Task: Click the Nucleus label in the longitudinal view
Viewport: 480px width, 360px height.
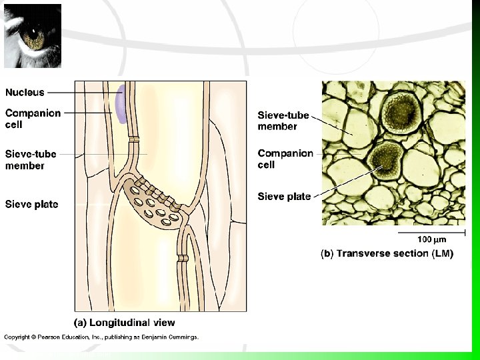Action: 25,93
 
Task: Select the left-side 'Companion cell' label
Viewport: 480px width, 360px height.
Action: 33,119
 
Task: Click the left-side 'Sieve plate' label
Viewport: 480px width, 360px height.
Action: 31,204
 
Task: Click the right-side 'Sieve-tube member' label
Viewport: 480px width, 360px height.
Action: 283,121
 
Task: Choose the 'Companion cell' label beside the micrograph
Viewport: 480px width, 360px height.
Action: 285,159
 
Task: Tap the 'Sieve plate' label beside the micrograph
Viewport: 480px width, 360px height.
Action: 284,197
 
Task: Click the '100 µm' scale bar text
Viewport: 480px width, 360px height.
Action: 431,239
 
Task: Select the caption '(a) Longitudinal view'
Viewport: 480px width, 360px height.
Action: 124,323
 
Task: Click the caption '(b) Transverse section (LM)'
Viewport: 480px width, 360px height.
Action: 387,254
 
